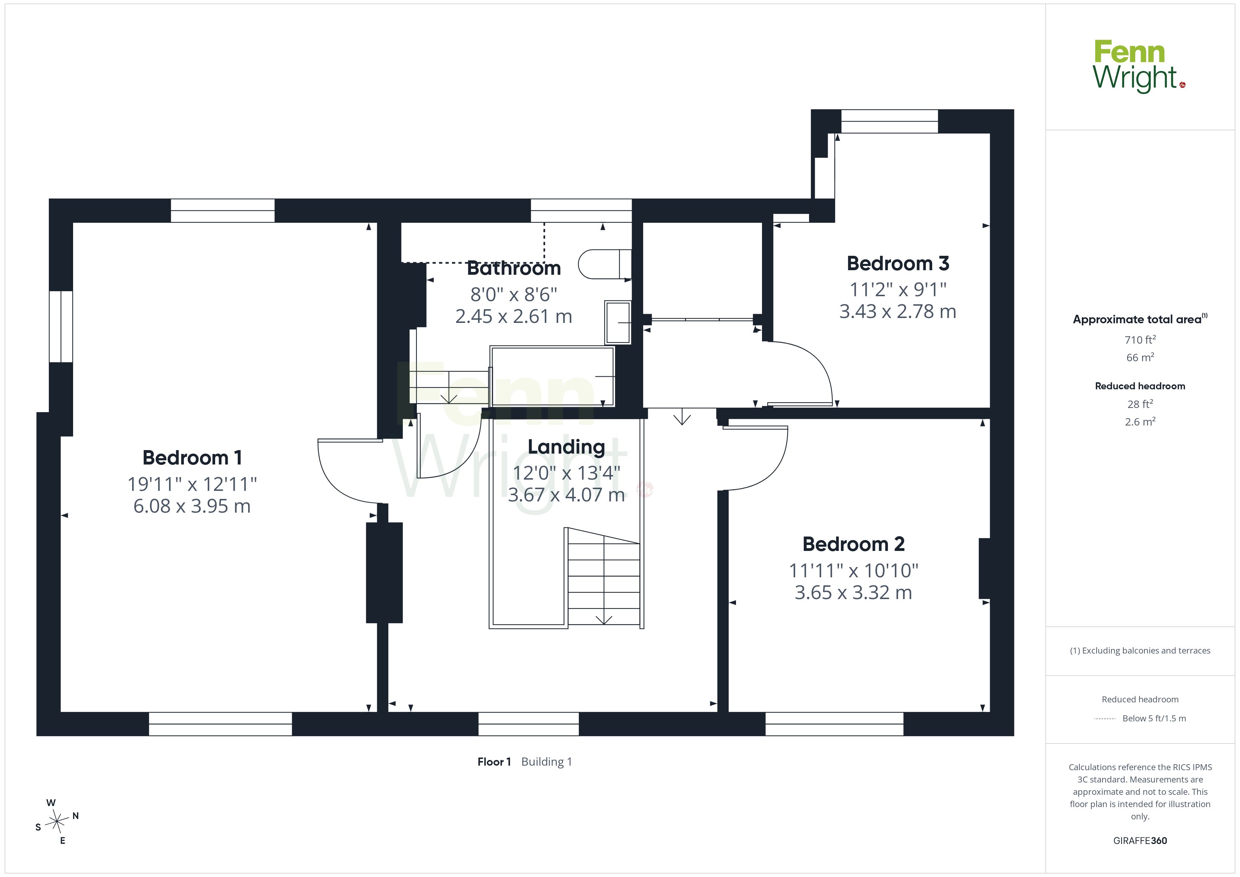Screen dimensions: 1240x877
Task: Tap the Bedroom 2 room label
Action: point(853,544)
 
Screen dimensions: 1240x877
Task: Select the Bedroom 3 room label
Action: point(898,264)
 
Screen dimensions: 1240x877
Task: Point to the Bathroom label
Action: point(514,268)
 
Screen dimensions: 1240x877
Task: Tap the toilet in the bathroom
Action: point(604,264)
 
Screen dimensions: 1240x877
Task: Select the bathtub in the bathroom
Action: point(552,376)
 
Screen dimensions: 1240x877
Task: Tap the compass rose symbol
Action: point(57,822)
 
